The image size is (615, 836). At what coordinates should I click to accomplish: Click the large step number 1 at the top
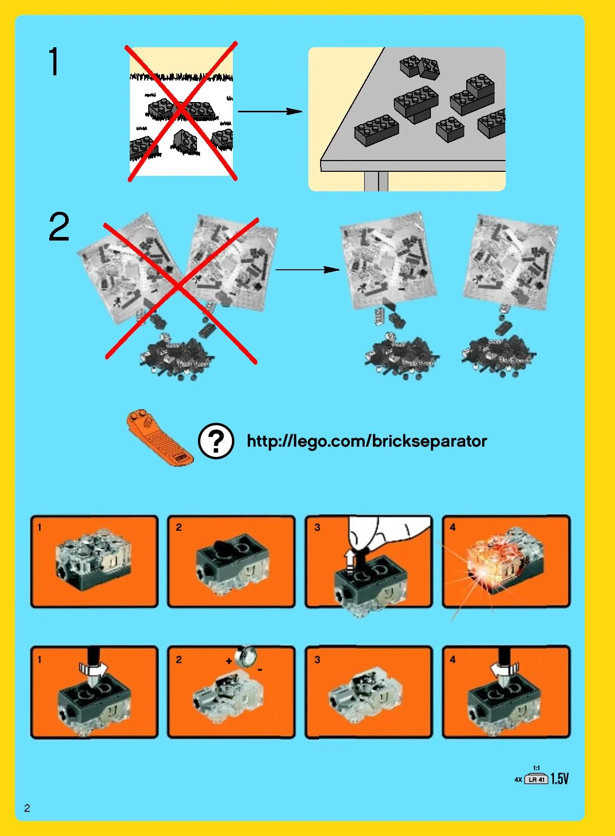(54, 61)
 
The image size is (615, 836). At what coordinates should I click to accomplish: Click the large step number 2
(59, 226)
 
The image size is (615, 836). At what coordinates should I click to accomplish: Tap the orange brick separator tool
(160, 437)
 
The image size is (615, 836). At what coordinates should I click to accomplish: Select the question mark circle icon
(216, 441)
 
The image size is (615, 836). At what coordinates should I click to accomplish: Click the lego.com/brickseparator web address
(367, 441)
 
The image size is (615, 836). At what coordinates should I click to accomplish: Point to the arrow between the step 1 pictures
(270, 111)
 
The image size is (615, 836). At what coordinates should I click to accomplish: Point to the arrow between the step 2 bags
(308, 269)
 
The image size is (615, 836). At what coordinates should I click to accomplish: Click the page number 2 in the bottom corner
(27, 808)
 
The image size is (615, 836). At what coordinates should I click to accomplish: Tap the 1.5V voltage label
(560, 779)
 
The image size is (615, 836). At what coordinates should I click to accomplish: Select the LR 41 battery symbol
(536, 779)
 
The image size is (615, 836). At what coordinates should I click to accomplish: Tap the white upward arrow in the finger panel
(350, 563)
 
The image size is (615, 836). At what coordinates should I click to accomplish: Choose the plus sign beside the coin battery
(229, 661)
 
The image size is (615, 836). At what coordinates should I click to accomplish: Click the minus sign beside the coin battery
(260, 669)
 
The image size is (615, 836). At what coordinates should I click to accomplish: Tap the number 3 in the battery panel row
(317, 660)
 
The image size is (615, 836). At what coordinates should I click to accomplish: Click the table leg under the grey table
(376, 182)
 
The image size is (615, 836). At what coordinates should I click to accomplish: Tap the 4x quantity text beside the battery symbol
(519, 780)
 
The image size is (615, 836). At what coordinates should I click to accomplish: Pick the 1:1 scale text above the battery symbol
(536, 768)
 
